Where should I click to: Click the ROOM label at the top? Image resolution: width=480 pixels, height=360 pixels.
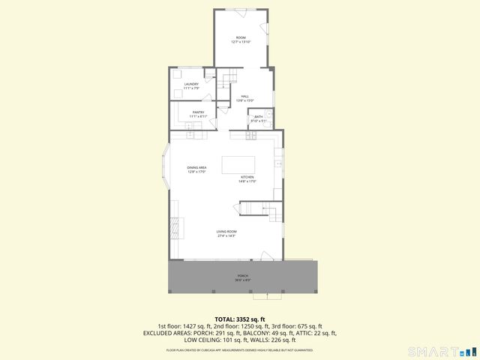point(241,37)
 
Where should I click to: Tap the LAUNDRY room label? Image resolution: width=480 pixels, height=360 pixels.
point(191,84)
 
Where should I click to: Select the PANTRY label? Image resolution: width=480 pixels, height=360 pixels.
point(198,112)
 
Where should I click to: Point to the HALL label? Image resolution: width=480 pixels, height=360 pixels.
point(244,96)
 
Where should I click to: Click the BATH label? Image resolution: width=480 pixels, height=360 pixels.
point(259,117)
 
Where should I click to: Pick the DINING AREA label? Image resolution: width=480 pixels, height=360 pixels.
point(196,167)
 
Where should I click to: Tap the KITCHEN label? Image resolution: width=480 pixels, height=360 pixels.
point(247,177)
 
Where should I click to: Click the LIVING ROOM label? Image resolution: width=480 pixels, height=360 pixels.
point(226,232)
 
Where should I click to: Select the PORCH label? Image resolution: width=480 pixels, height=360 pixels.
point(243,275)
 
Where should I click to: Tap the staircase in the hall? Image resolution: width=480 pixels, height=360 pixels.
point(228,78)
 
